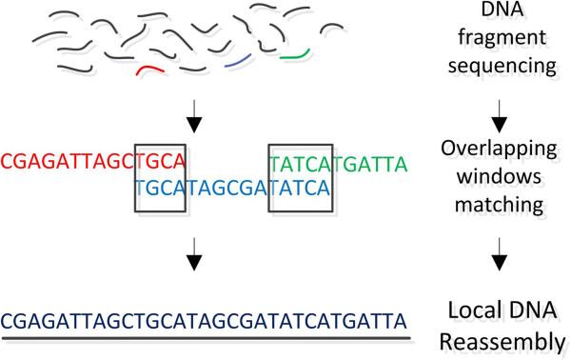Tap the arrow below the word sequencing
tap(509, 107)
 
